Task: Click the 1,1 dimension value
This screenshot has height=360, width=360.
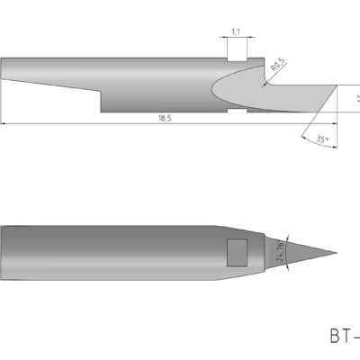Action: click(236, 31)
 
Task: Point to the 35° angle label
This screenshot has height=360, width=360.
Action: click(323, 139)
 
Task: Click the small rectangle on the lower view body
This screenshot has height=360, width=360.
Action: click(238, 253)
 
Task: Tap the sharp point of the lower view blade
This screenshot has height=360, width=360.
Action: click(337, 253)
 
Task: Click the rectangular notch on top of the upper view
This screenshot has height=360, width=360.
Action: click(236, 53)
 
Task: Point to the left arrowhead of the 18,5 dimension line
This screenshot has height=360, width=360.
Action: click(4, 122)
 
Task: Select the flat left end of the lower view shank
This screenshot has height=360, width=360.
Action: click(2, 253)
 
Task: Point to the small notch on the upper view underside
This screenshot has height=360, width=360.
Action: click(236, 112)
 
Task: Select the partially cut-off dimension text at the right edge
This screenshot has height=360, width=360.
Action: click(356, 98)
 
